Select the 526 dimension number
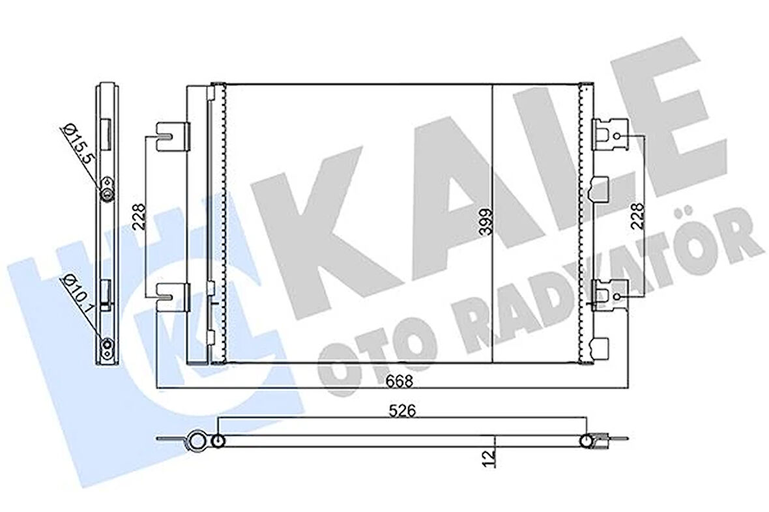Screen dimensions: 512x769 401,411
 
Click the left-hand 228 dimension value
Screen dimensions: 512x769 139,215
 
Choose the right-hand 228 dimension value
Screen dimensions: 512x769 637,215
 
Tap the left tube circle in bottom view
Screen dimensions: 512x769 218,442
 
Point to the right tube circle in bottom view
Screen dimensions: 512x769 587,442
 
